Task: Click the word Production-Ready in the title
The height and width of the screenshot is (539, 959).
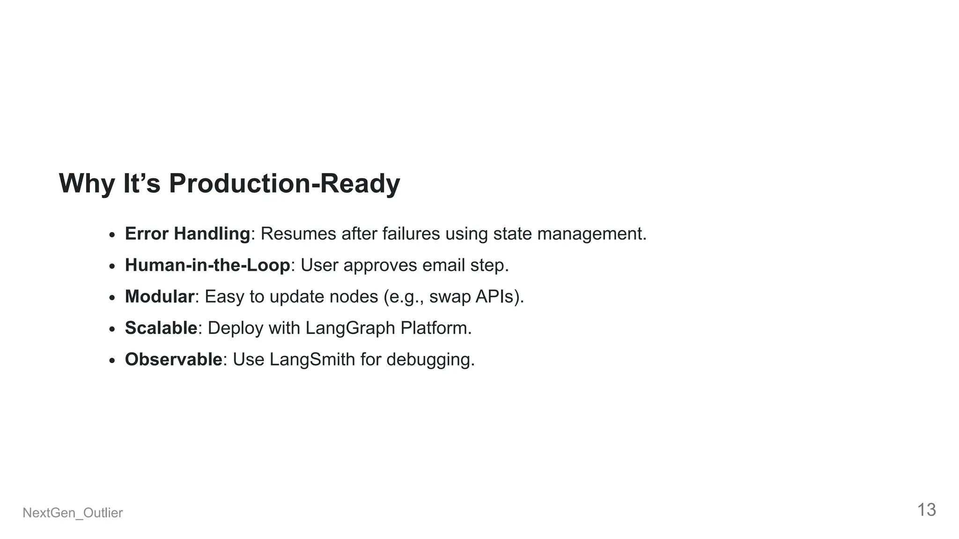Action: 284,183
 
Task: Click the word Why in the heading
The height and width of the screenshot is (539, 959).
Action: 87,183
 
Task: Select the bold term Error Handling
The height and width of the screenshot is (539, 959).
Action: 187,233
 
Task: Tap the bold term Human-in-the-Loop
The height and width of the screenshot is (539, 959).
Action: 207,265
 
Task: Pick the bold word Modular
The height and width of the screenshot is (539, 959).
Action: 159,296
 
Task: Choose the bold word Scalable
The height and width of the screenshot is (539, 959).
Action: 161,328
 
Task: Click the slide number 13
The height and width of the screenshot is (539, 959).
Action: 926,510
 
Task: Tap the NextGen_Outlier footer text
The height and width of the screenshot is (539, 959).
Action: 73,513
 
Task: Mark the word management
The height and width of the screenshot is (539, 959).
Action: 591,233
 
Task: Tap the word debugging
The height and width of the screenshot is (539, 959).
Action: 430,360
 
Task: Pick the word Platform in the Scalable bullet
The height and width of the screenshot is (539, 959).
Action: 435,328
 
